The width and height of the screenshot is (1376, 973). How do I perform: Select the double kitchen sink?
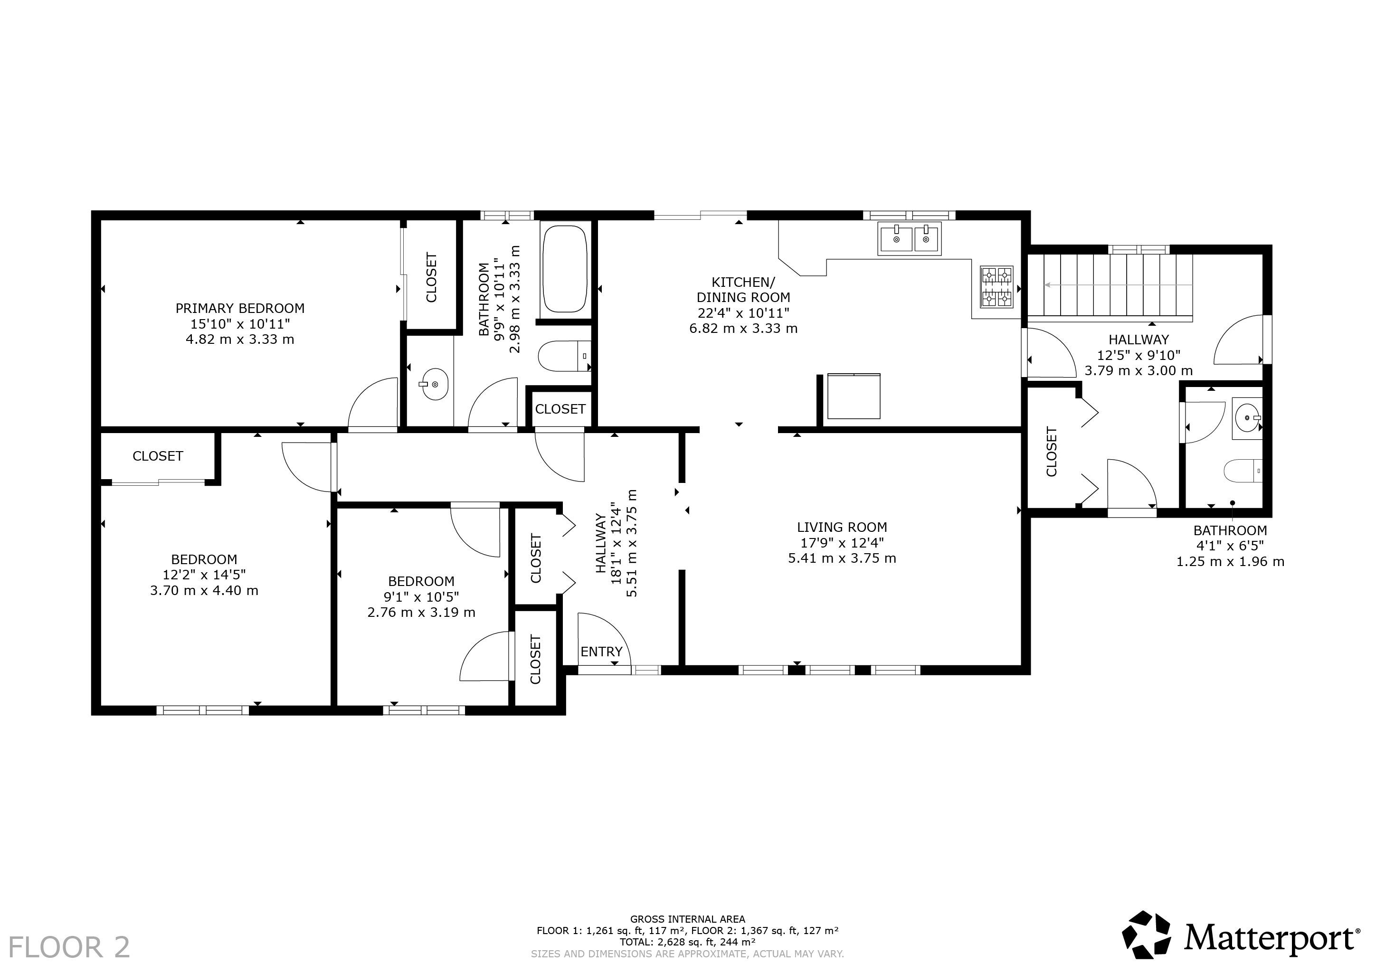(x=910, y=238)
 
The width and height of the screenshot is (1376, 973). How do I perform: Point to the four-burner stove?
(x=996, y=287)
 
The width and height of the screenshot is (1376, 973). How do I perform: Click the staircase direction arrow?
(x=1118, y=286)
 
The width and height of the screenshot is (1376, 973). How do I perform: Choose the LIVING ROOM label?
(x=842, y=527)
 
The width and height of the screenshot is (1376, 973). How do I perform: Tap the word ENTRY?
(x=602, y=652)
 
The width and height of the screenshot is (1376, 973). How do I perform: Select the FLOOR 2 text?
(x=69, y=947)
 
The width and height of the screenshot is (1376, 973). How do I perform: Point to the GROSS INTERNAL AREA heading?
(x=687, y=919)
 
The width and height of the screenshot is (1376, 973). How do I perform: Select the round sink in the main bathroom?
(x=433, y=383)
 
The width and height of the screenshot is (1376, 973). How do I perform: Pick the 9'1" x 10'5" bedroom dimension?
(x=421, y=597)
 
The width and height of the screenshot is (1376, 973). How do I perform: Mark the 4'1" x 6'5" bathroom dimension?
(x=1230, y=546)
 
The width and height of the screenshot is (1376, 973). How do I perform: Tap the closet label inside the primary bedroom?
(x=431, y=277)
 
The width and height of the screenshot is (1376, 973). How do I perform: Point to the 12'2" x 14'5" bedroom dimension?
(x=204, y=575)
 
